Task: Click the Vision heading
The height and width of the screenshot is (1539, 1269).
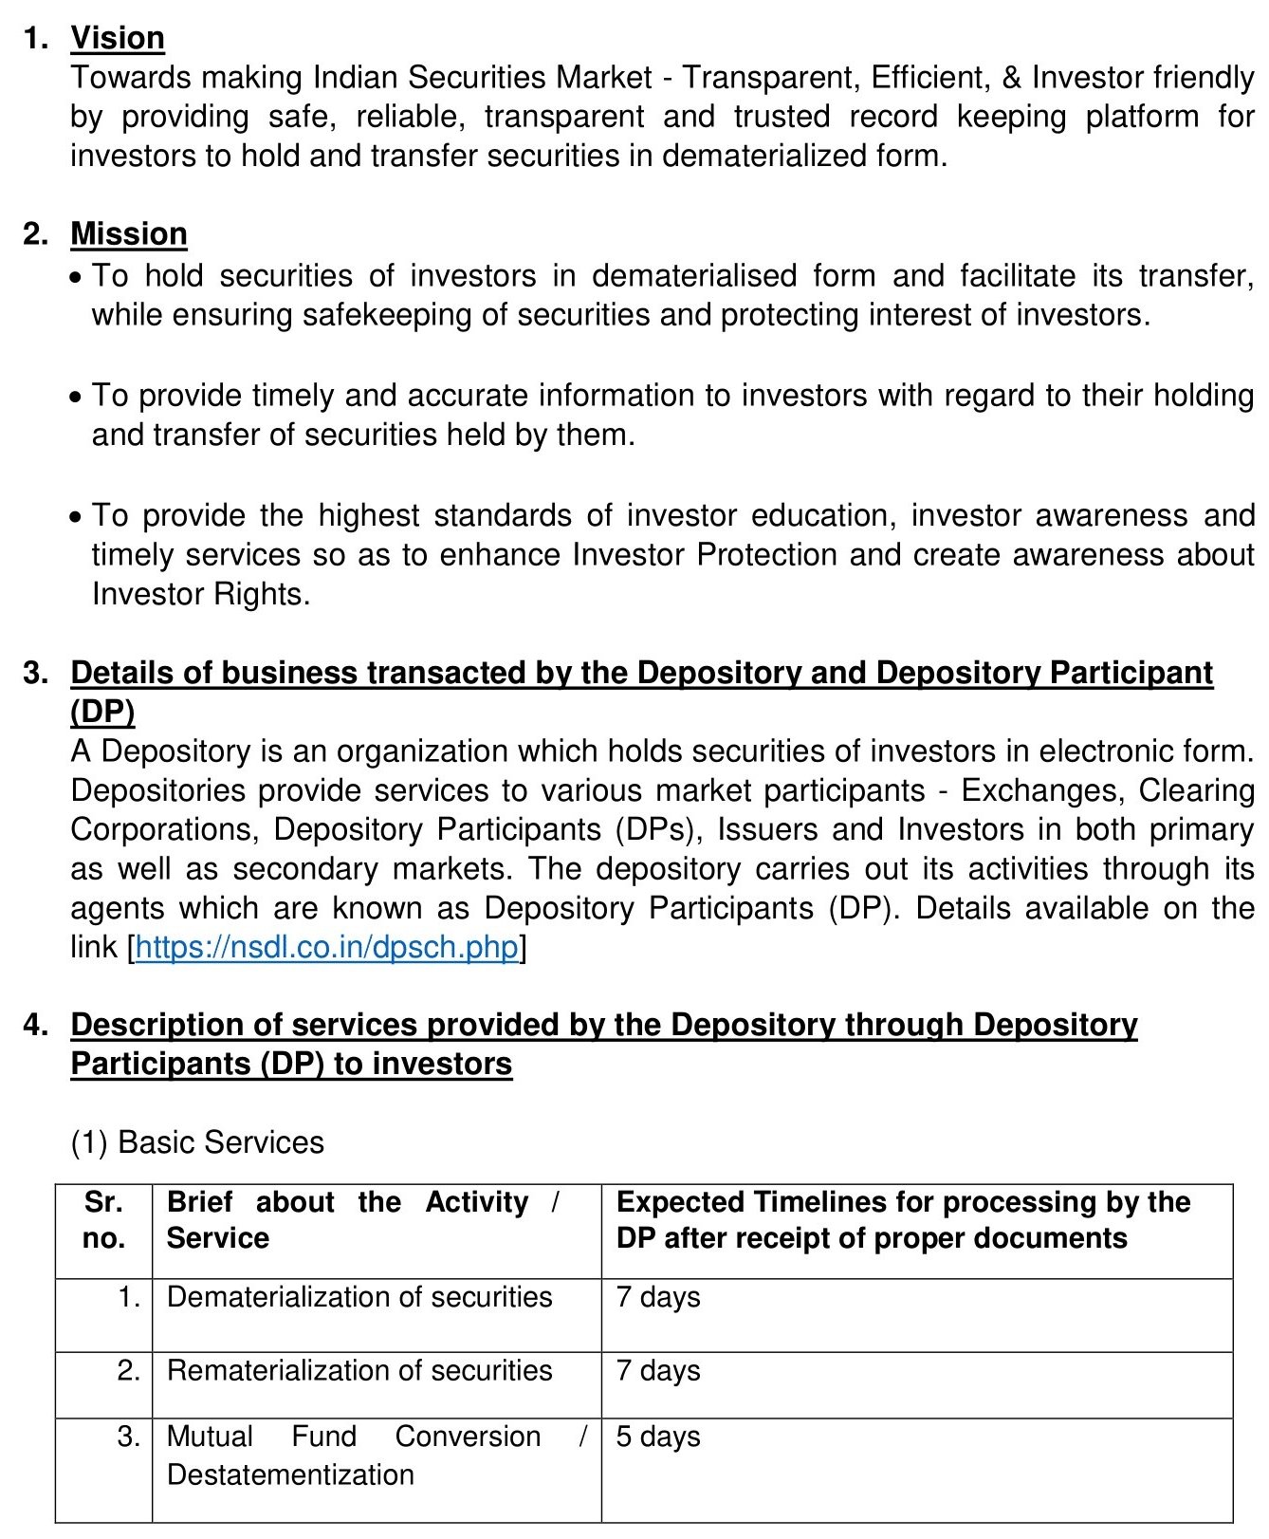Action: (118, 38)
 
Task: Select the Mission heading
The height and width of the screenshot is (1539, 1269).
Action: (129, 233)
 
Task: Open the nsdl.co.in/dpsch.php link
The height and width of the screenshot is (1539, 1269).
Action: (327, 947)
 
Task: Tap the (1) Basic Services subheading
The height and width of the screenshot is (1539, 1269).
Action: (197, 1142)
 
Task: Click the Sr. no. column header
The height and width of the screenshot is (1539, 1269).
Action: (103, 1220)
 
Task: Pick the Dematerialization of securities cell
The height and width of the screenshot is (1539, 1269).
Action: (359, 1297)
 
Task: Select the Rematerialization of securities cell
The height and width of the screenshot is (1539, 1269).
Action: (359, 1370)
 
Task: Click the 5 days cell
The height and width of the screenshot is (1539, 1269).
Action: (658, 1437)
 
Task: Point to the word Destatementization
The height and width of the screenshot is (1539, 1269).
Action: (290, 1474)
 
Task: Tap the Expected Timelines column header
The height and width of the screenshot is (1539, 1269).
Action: (903, 1220)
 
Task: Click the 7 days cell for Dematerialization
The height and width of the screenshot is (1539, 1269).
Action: (658, 1297)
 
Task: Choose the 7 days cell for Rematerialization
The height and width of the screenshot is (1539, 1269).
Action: (658, 1370)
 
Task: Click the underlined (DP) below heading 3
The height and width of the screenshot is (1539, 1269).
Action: (102, 712)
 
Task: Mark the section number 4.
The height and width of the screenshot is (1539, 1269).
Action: (35, 1025)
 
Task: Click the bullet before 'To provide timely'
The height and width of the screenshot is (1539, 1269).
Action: (76, 398)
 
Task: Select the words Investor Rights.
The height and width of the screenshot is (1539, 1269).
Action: (200, 594)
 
